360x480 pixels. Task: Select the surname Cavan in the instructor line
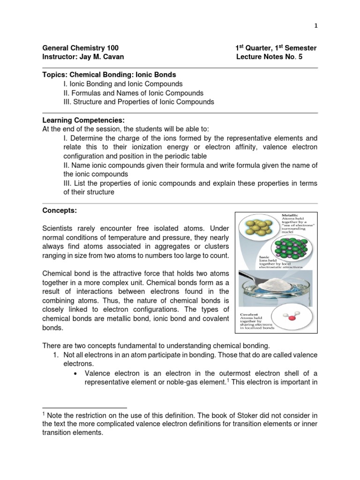coord(113,57)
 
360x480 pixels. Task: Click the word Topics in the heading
coord(53,75)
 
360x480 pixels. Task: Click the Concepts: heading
coord(59,211)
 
